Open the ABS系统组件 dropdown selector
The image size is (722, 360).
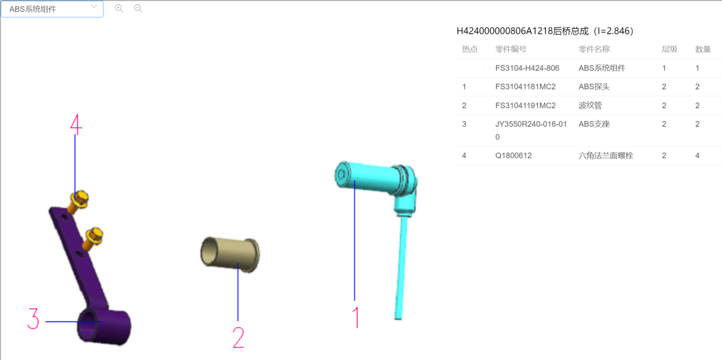[x=52, y=9]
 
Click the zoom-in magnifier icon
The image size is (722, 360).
[x=119, y=8]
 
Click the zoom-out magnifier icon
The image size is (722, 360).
[x=138, y=8]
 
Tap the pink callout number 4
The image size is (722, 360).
[x=76, y=124]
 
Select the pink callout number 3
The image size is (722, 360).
[x=33, y=319]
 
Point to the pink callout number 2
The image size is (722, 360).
[x=239, y=337]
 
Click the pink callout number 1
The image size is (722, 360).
[x=356, y=317]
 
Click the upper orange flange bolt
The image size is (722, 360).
[x=78, y=202]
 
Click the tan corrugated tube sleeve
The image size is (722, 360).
[x=230, y=254]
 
